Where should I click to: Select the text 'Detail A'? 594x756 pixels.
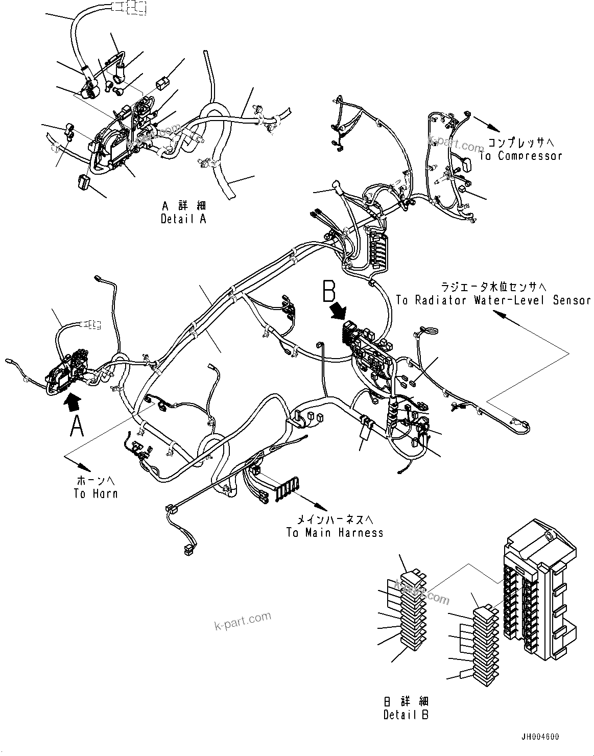[184, 219]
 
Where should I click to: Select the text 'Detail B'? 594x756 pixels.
[406, 715]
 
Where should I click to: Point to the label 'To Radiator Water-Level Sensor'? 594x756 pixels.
[493, 300]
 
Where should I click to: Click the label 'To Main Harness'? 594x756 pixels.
[335, 533]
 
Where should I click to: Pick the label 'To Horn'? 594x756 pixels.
[96, 493]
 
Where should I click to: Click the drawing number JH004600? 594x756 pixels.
[540, 737]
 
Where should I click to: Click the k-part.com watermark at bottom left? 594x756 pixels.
[243, 621]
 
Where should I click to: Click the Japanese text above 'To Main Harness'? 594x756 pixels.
[336, 520]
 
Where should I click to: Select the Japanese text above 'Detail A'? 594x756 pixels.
[184, 206]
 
